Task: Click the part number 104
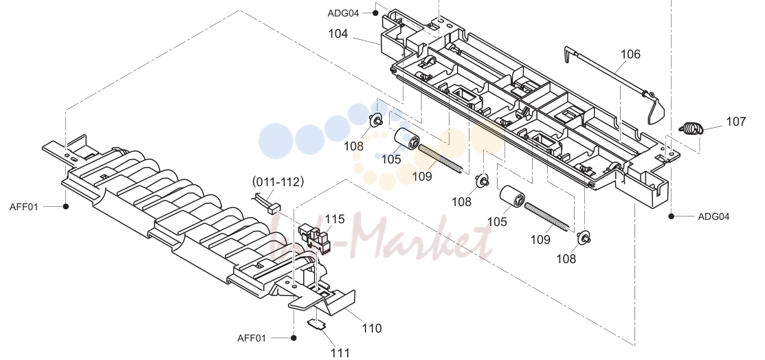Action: point(338,34)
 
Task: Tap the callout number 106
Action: point(630,54)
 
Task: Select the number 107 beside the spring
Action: point(735,122)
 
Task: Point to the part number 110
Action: point(372,328)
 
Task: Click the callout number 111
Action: point(340,352)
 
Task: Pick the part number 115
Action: point(335,220)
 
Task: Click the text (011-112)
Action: point(278,182)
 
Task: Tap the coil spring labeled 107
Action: point(690,128)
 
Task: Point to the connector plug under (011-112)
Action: point(274,207)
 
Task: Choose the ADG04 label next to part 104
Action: point(343,13)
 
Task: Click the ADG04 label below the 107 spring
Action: point(713,216)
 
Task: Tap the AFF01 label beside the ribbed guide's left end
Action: point(23,207)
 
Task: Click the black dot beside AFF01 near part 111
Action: point(293,338)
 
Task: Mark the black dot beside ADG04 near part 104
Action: point(375,13)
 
